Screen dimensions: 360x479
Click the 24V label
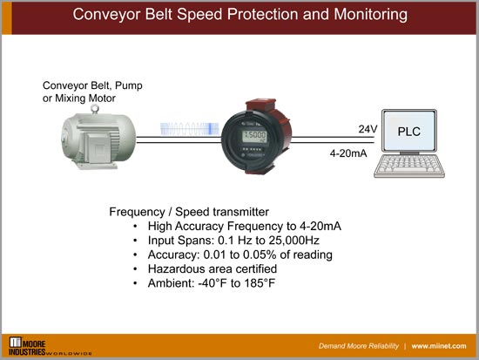tap(368, 128)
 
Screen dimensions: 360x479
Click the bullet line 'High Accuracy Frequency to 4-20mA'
tap(244, 226)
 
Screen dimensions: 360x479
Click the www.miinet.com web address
tap(440, 345)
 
